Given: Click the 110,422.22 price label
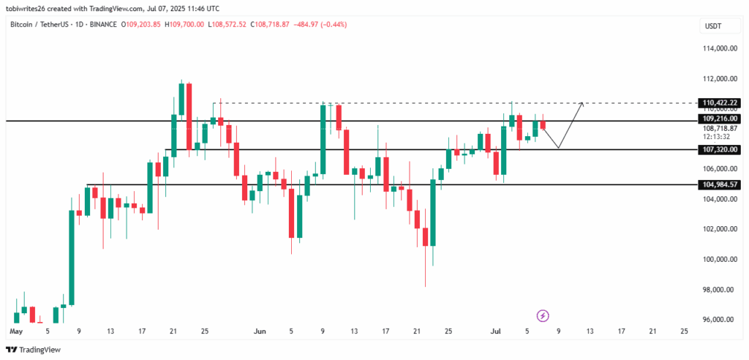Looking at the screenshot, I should point(720,102).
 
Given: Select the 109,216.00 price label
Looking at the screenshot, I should point(720,119).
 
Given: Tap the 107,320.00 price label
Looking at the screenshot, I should point(720,149).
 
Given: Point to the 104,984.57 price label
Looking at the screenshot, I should point(720,184).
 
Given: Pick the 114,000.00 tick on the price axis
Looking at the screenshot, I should point(718,49).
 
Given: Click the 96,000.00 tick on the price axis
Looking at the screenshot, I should point(718,319).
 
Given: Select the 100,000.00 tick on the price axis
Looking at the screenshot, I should point(718,259).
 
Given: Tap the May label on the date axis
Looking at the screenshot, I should point(15,331).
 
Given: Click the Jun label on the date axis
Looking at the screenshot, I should point(260,331).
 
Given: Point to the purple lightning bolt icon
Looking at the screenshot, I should point(543,315).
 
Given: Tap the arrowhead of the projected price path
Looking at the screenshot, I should point(581,104).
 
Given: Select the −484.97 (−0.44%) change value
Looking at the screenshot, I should point(321,25).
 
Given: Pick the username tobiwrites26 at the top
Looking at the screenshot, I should point(34,9).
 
